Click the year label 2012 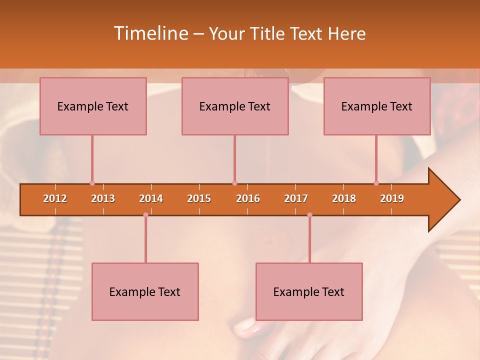coord(55,199)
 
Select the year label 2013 coord(103,199)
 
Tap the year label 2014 coord(151,199)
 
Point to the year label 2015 coord(199,199)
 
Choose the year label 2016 coord(248,199)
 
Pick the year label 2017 coord(296,199)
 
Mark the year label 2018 coord(344,199)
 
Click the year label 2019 coord(392,199)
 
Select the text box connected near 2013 coord(93,106)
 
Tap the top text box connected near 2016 coord(235,106)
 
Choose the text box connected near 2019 coord(377,106)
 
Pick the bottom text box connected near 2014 coord(145,292)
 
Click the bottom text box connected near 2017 coord(309,292)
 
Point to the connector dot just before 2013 coord(92,183)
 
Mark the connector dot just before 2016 coord(234,183)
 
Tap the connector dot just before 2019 coord(376,183)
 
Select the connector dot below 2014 coord(145,215)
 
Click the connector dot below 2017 coord(309,215)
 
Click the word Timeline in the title coord(150,33)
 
